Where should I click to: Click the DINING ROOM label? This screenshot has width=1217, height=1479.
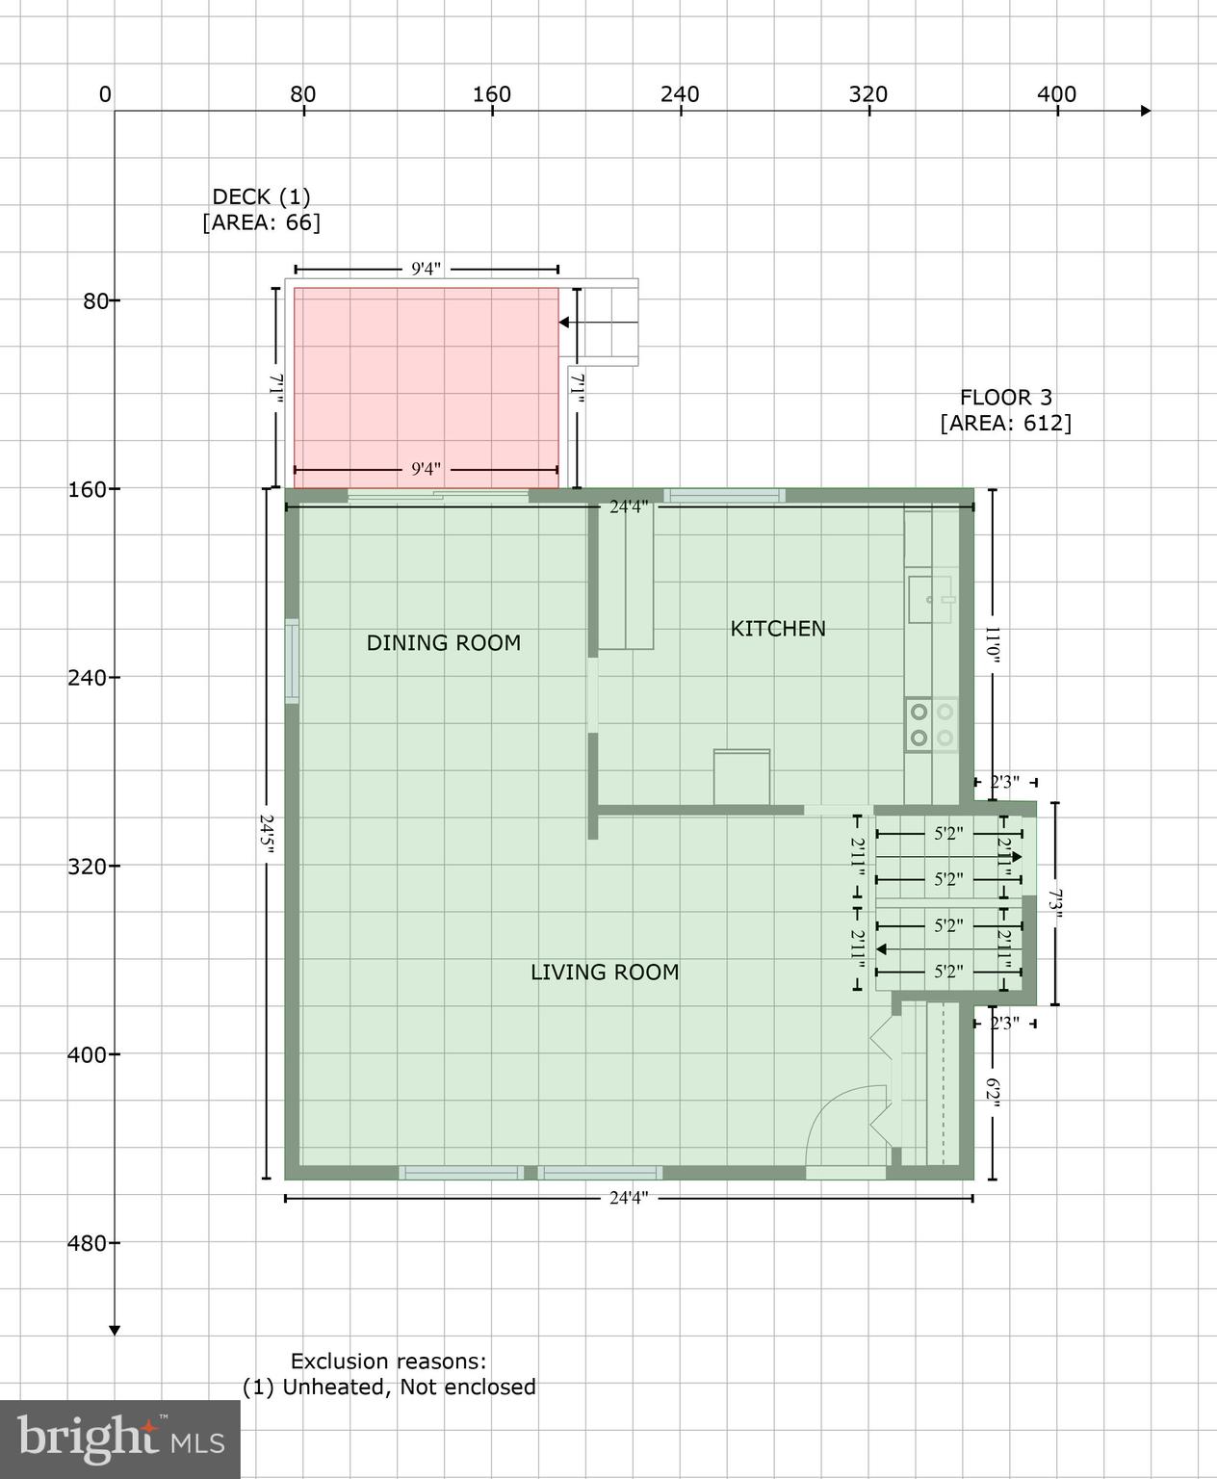(x=443, y=643)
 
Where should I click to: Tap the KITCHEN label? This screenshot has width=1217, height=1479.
(x=778, y=629)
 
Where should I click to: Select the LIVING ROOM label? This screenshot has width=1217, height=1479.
(x=605, y=973)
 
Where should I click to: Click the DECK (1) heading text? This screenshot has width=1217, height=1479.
(x=261, y=196)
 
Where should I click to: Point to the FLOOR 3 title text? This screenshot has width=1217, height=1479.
(x=1005, y=397)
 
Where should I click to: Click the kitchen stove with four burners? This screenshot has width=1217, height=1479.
(x=931, y=725)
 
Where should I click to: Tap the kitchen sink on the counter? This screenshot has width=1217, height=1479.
(x=930, y=599)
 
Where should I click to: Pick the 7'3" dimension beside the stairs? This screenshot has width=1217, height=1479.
(x=1055, y=905)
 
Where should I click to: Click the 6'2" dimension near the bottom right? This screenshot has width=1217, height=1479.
(x=993, y=1094)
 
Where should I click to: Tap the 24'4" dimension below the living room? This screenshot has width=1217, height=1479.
(x=629, y=1198)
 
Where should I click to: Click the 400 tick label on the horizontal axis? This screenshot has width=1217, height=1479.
(x=1056, y=94)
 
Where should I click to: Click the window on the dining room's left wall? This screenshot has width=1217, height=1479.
(x=292, y=662)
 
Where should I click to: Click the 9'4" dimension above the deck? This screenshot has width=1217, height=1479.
(x=426, y=269)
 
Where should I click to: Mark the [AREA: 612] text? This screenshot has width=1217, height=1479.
(x=1005, y=423)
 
